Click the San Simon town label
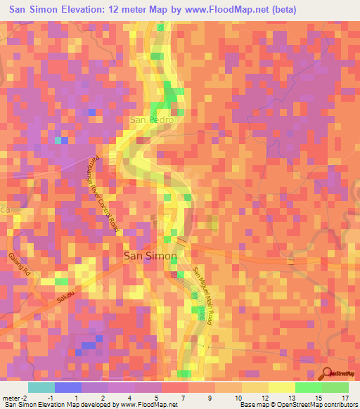pos(146,257)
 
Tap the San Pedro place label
pos(152,120)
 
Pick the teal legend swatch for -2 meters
pos(41,387)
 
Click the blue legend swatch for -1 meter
pos(68,387)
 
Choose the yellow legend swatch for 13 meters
pos(282,387)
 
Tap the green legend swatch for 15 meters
pos(309,387)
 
